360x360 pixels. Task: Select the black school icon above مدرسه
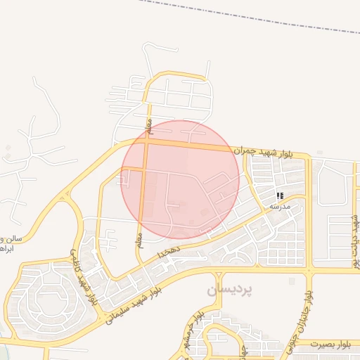(280, 196)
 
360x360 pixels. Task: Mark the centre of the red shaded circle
(180, 179)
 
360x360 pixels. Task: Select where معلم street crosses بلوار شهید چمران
(145, 141)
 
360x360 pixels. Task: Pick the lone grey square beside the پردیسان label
(292, 281)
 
